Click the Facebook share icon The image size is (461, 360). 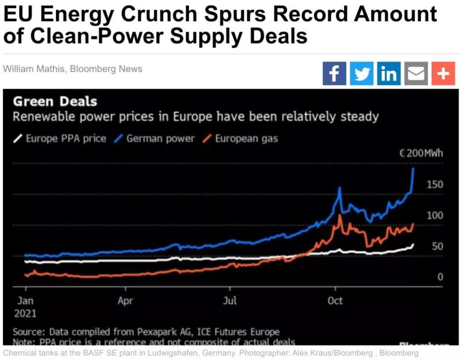point(334,73)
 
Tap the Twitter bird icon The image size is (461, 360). point(361,73)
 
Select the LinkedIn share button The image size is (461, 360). point(388,73)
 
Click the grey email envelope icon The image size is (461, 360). point(415,73)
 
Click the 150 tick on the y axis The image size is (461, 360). point(435,184)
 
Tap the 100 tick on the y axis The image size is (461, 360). point(435,215)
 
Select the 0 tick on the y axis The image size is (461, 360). point(440,277)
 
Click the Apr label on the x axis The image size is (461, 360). point(125,301)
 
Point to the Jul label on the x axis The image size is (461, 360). point(230,301)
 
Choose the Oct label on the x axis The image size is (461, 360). point(335,301)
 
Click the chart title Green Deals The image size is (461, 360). point(55,102)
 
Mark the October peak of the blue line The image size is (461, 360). point(339,188)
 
